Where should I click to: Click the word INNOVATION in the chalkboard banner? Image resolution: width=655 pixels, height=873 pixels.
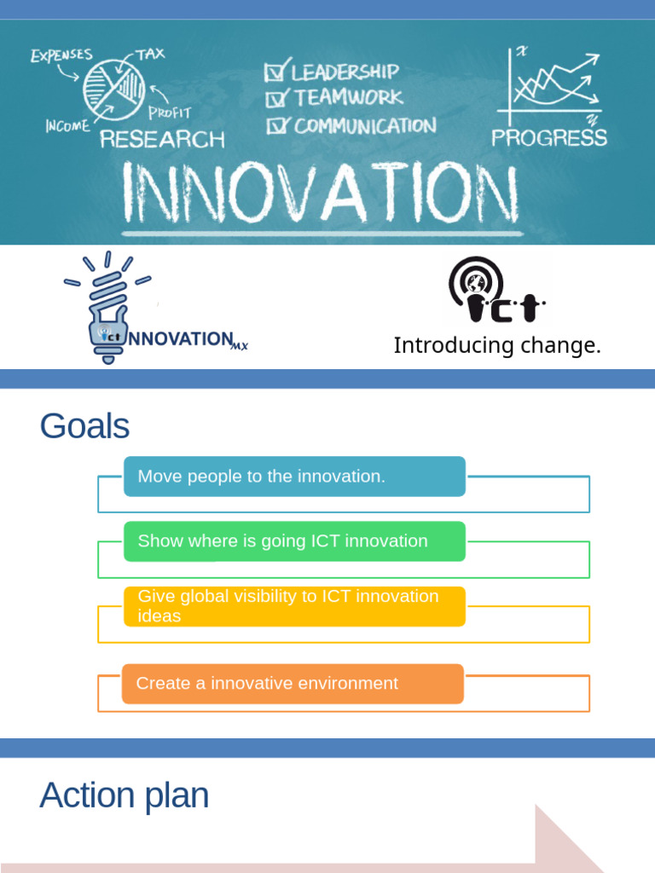click(x=321, y=194)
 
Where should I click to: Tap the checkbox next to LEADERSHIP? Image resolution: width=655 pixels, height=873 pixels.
click(x=276, y=72)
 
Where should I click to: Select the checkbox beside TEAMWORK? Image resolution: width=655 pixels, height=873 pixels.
click(x=275, y=99)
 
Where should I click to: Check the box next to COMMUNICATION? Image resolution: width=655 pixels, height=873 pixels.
click(x=275, y=126)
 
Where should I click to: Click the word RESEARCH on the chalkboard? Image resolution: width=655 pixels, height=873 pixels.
click(x=162, y=139)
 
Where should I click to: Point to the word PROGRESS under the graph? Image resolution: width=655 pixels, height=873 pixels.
click(x=549, y=137)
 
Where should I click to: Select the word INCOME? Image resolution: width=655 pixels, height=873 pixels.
click(x=67, y=126)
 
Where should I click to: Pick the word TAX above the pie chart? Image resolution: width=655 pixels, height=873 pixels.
click(x=151, y=55)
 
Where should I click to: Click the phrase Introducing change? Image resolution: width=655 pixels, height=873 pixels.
click(x=497, y=346)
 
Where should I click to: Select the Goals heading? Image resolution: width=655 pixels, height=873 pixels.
click(x=84, y=425)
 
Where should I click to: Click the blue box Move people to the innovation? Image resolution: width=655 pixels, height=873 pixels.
click(x=294, y=477)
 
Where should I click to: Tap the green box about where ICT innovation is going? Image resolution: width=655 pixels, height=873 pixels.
click(x=294, y=541)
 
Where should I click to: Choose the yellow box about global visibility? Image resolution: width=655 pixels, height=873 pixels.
click(x=294, y=606)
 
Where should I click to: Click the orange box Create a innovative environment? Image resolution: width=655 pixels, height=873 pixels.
click(x=293, y=684)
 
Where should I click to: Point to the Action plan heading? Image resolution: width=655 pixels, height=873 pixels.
click(x=124, y=795)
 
